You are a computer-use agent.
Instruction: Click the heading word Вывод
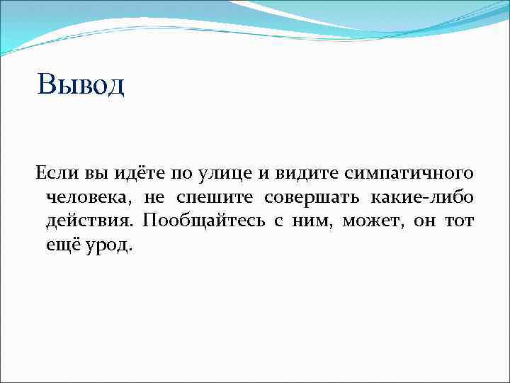tap(81, 84)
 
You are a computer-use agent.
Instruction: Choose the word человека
tap(89, 197)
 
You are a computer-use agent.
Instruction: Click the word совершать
tap(310, 197)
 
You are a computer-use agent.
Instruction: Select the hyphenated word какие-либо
tap(421, 196)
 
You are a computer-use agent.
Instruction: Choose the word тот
tap(460, 221)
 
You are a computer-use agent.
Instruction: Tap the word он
tap(424, 221)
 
